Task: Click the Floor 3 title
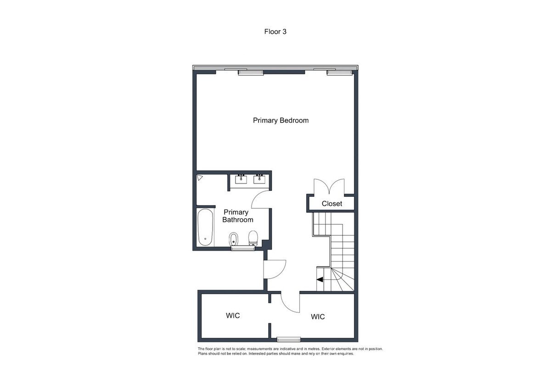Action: click(x=275, y=32)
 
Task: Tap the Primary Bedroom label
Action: click(x=281, y=121)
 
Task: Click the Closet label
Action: click(x=332, y=204)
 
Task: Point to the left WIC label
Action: click(x=233, y=315)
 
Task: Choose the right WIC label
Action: click(x=318, y=317)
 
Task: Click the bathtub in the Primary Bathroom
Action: click(x=205, y=227)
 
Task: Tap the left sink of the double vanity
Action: click(x=241, y=179)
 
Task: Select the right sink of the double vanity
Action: click(x=259, y=179)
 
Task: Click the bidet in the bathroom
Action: click(x=233, y=239)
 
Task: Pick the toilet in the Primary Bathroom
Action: click(x=253, y=238)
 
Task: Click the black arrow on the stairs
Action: click(x=320, y=279)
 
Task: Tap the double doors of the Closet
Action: click(x=329, y=186)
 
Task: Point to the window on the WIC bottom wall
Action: click(x=289, y=339)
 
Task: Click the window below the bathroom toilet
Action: click(x=243, y=249)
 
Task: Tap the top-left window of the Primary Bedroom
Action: click(x=251, y=72)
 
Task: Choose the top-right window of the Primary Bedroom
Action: click(x=339, y=72)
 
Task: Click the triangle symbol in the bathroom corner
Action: click(x=200, y=178)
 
